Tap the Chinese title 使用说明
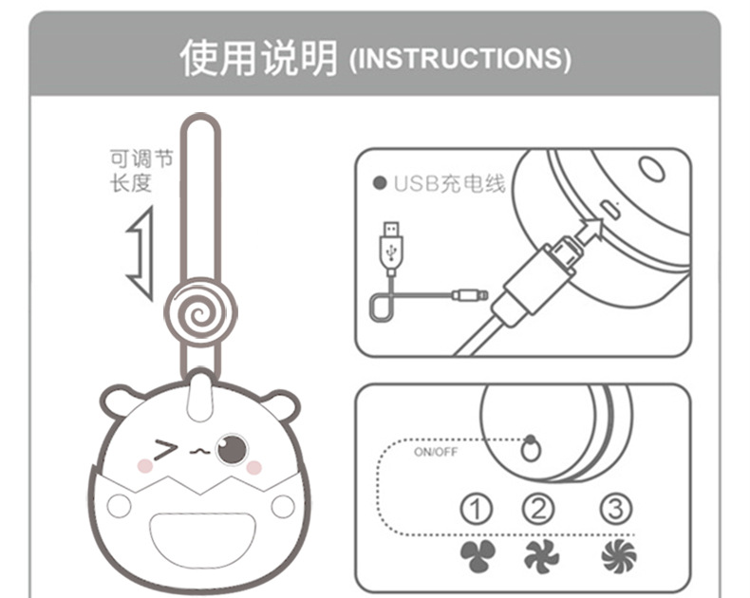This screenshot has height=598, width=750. click(x=258, y=58)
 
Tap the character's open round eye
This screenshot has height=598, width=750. click(x=232, y=448)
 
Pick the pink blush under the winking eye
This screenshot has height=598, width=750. click(x=145, y=467)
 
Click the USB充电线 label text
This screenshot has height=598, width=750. click(x=449, y=183)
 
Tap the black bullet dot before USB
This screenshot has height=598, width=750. click(x=379, y=183)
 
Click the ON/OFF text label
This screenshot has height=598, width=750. click(x=436, y=452)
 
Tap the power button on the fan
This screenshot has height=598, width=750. click(x=531, y=449)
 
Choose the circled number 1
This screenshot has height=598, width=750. click(x=476, y=509)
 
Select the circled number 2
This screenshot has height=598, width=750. click(x=538, y=509)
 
